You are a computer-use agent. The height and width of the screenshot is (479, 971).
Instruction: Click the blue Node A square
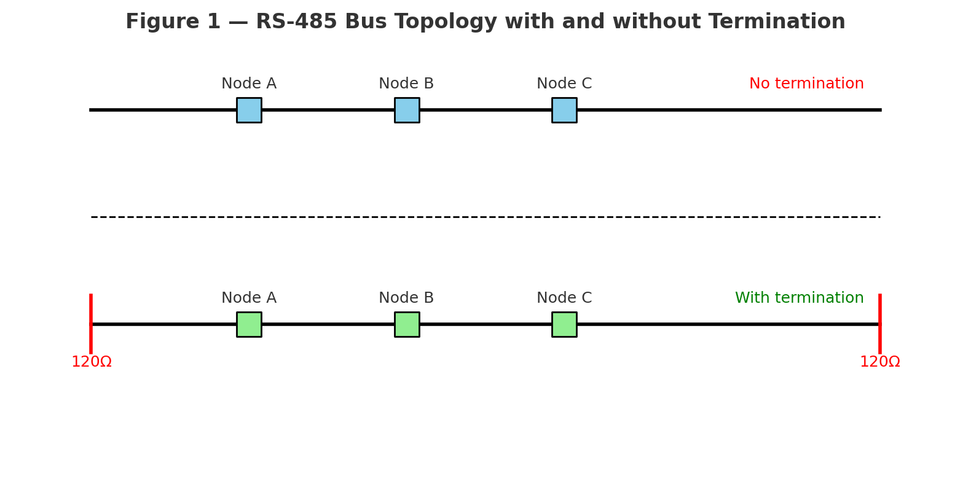tap(249, 110)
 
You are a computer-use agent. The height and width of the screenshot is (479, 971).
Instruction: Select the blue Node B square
tap(407, 110)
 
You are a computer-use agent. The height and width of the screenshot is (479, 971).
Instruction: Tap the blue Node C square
tap(564, 110)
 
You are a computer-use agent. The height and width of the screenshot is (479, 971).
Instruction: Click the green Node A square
tap(249, 324)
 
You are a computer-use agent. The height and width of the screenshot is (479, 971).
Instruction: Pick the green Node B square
tap(407, 324)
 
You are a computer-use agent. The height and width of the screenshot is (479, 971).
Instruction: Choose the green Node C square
tap(564, 324)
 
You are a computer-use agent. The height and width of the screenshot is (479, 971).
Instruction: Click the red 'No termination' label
tap(806, 84)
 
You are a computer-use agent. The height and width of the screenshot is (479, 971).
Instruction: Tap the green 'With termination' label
tap(799, 298)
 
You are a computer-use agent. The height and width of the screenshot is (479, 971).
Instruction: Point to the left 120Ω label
tap(92, 362)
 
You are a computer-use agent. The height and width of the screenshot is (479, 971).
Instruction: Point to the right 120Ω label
tap(879, 362)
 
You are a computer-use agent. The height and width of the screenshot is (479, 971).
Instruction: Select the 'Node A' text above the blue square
tap(249, 84)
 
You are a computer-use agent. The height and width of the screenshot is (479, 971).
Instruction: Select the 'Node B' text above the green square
tap(406, 298)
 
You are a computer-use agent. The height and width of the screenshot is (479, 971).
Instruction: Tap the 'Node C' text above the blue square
tap(564, 84)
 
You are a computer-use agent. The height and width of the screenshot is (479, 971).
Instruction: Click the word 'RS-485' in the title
tap(297, 22)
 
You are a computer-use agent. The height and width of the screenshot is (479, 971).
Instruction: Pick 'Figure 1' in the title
tap(173, 22)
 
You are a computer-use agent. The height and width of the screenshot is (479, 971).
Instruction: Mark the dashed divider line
tap(486, 217)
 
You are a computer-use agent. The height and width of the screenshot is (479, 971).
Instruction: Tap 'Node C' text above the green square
tap(564, 298)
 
